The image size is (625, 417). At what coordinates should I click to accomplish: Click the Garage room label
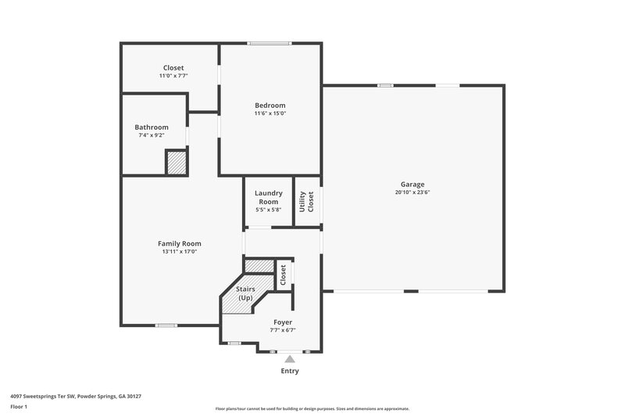[x=413, y=184]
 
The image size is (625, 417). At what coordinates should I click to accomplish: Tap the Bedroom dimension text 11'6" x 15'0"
[x=270, y=113]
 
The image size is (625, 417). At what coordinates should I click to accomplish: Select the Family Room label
[x=180, y=243]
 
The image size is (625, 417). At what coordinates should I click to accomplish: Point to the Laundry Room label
[x=268, y=197]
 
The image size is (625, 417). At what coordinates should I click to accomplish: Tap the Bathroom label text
[x=151, y=127]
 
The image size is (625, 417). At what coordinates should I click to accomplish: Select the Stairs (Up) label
[x=245, y=293]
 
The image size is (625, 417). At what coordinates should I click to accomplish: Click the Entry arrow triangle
[x=289, y=358]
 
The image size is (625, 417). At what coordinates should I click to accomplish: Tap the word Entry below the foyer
[x=289, y=371]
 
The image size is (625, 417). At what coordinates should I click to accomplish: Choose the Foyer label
[x=283, y=322]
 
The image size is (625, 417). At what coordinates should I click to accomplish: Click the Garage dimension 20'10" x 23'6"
[x=413, y=192]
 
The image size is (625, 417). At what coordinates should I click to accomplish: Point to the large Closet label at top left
[x=173, y=67]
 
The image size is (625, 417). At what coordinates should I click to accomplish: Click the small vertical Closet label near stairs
[x=284, y=274]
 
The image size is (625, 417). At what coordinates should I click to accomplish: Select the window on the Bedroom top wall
[x=270, y=43]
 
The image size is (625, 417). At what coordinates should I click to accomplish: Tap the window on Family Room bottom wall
[x=166, y=325]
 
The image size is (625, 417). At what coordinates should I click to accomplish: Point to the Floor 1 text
[x=20, y=407]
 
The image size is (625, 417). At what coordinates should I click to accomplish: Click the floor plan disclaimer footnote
[x=312, y=408]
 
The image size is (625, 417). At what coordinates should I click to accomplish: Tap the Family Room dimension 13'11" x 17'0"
[x=180, y=252]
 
